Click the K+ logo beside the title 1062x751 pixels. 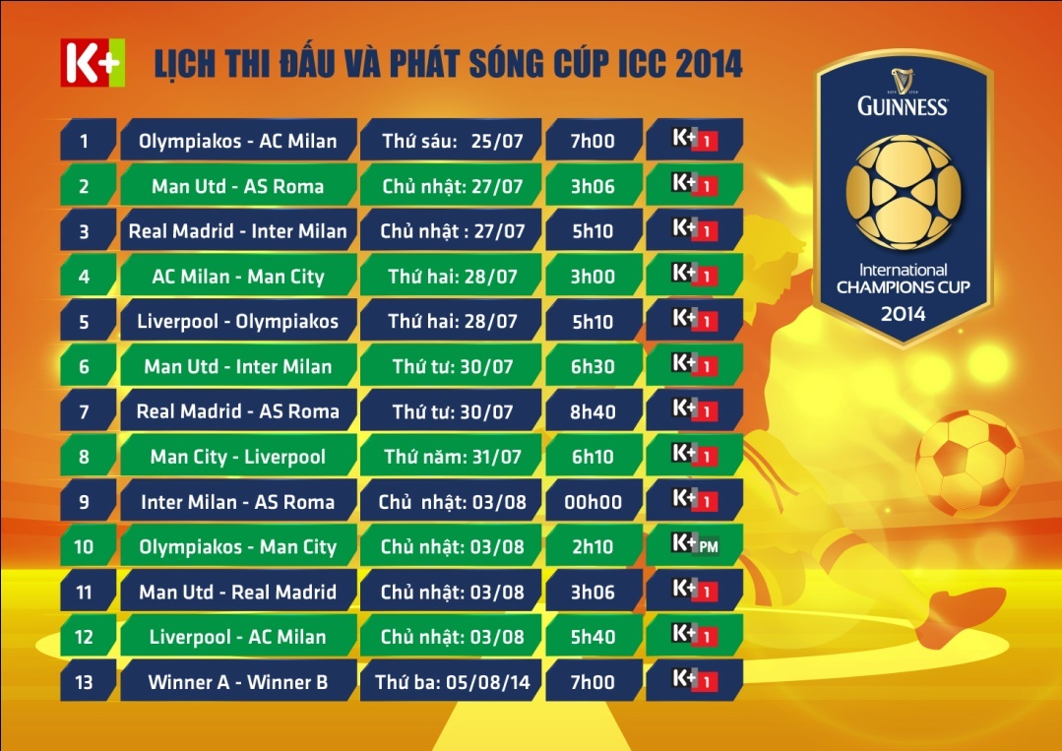[x=93, y=63]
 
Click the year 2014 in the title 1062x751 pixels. [x=709, y=64]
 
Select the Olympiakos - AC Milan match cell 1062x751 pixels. [x=238, y=140]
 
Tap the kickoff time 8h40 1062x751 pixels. [x=593, y=411]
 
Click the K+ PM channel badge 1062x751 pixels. [x=694, y=545]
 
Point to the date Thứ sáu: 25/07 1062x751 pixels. [x=451, y=140]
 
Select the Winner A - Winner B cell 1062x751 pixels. [x=238, y=681]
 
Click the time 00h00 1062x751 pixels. [x=593, y=501]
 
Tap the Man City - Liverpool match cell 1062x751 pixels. [x=238, y=456]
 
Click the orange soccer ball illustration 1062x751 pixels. [x=969, y=464]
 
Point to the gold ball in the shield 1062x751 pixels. [x=903, y=192]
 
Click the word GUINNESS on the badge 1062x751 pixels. [x=903, y=106]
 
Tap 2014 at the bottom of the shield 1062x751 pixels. [x=903, y=314]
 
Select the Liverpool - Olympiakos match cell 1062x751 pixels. [x=238, y=321]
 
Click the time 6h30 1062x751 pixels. [x=593, y=366]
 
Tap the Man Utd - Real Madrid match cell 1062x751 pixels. [x=238, y=592]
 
